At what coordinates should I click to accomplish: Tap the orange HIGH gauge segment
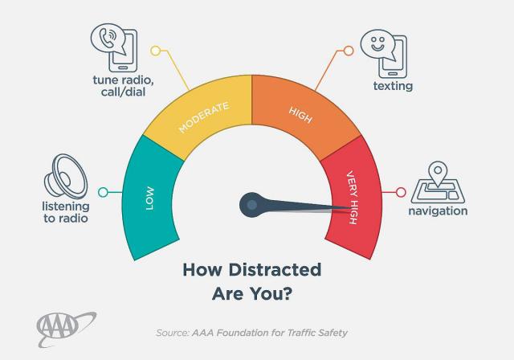(x=302, y=112)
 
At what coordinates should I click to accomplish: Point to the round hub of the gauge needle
(x=251, y=205)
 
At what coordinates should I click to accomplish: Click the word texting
(x=393, y=86)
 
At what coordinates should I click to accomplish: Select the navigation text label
(x=438, y=211)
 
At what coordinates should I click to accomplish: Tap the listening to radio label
(x=64, y=212)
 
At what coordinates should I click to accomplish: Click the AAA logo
(x=66, y=325)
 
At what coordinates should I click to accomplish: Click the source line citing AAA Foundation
(x=252, y=332)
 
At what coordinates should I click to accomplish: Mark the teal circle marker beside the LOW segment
(x=102, y=193)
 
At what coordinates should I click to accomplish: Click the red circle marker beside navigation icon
(x=401, y=193)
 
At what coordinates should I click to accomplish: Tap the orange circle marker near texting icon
(x=349, y=51)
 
